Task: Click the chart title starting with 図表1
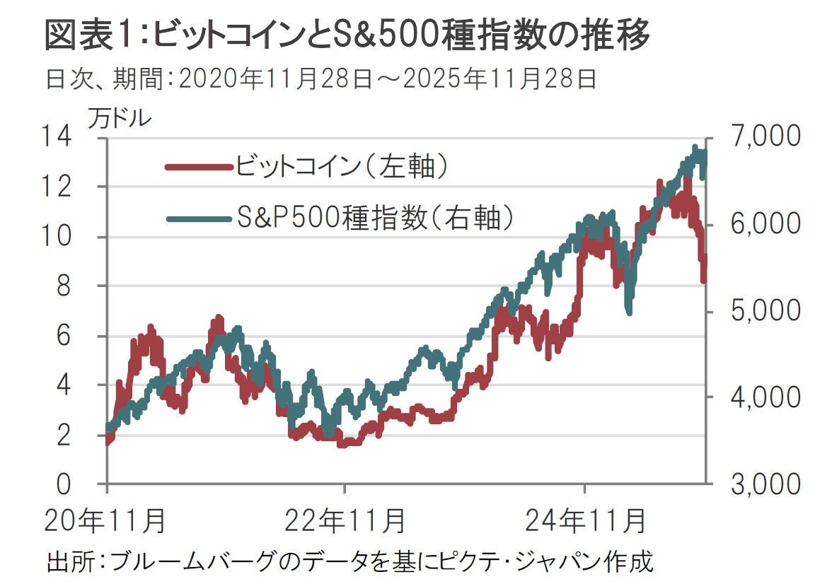tap(347, 35)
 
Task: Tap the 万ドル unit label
tap(119, 118)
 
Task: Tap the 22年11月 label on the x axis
tap(345, 521)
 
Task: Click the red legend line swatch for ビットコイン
tap(198, 168)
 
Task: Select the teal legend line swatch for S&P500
tap(198, 218)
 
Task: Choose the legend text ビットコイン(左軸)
tap(343, 167)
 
